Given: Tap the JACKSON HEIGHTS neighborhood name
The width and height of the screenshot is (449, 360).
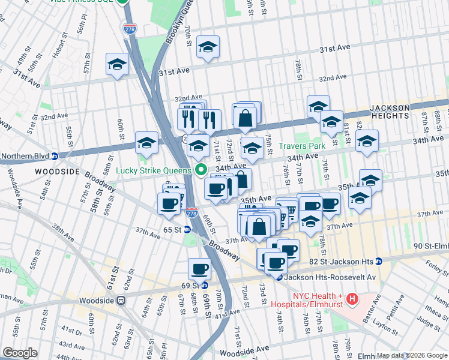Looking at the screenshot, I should (390, 113).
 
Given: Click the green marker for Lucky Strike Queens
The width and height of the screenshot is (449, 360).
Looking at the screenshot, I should (202, 170).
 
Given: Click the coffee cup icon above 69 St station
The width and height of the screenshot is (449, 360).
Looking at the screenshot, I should (199, 269).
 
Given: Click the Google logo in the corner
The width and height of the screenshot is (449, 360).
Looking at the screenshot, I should (20, 353).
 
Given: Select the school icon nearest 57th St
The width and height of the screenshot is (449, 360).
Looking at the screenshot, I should (118, 65).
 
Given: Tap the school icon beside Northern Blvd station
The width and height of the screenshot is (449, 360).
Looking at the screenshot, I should (146, 143).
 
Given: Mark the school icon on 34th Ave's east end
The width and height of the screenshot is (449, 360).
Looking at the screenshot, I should (366, 142).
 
